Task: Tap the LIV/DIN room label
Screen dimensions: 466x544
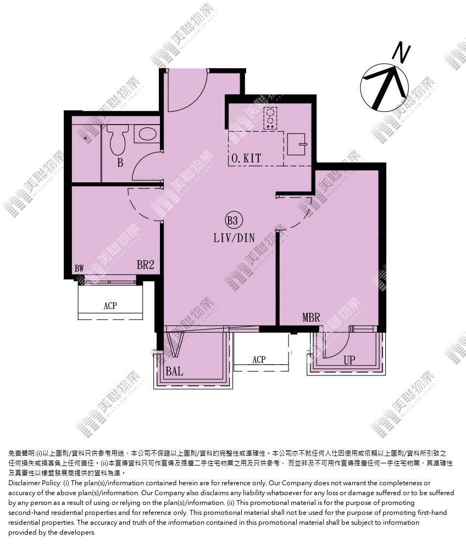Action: (234, 238)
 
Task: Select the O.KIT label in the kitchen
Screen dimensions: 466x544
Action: (246, 159)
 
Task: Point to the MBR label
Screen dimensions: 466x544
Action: (311, 317)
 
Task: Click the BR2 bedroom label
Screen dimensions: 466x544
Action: (145, 265)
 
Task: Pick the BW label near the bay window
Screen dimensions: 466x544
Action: (79, 268)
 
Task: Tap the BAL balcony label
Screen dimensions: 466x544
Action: (174, 371)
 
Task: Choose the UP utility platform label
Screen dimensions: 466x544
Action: (349, 360)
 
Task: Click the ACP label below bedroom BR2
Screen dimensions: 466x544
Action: (110, 306)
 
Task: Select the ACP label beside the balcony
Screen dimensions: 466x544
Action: (259, 360)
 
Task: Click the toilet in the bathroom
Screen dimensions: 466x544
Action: (117, 139)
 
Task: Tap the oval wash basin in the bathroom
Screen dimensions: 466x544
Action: (147, 134)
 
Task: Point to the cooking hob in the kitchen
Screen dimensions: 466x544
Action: (270, 118)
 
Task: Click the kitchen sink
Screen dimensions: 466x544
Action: (297, 144)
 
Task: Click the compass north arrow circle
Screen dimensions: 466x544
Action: (385, 87)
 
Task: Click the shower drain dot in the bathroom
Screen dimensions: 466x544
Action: (85, 138)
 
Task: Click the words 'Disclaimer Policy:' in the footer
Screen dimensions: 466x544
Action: (35, 483)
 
